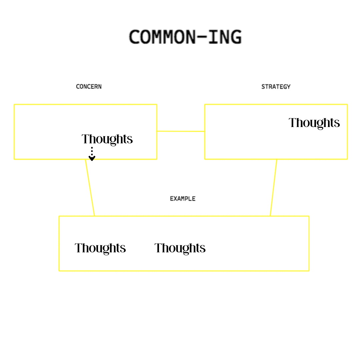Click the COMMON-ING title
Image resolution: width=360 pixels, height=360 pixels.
click(185, 37)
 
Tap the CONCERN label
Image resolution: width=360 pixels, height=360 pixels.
click(89, 87)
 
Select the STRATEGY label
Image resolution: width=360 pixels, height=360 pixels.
click(276, 87)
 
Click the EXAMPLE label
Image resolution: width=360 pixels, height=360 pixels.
click(182, 199)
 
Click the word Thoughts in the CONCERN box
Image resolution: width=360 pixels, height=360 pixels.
click(107, 139)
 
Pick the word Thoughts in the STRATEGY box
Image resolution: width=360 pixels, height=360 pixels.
click(314, 123)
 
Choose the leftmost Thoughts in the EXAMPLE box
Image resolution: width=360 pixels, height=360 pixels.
click(100, 248)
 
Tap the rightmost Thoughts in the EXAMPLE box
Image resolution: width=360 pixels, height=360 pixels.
click(180, 248)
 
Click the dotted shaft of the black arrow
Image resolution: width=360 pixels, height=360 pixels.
click(92, 152)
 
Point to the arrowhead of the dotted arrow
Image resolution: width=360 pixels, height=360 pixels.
click(92, 158)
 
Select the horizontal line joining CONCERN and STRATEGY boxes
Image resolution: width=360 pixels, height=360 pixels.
click(181, 131)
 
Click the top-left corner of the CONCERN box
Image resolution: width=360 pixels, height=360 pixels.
click(14, 105)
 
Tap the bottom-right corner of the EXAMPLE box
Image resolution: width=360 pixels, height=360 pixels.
click(309, 270)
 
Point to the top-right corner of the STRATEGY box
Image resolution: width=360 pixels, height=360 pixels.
click(347, 105)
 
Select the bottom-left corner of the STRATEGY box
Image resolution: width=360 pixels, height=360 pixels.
click(205, 159)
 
